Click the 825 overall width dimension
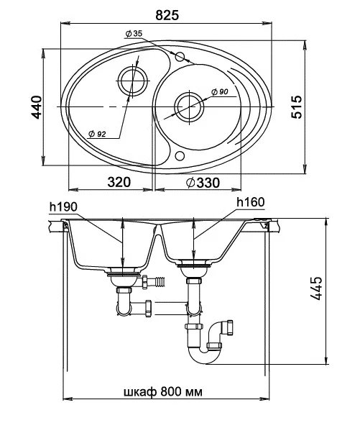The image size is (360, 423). point(167,15)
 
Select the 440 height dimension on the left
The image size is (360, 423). point(37,107)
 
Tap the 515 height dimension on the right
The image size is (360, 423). point(297,106)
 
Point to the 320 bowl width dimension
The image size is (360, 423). point(119,183)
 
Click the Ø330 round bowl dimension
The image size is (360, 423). point(203,183)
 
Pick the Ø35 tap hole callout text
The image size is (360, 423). point(134,34)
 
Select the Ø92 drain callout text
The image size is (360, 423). point(97,134)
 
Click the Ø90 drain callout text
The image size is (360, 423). point(219,92)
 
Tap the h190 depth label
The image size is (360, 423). point(63,206)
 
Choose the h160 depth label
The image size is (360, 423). point(251,202)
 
